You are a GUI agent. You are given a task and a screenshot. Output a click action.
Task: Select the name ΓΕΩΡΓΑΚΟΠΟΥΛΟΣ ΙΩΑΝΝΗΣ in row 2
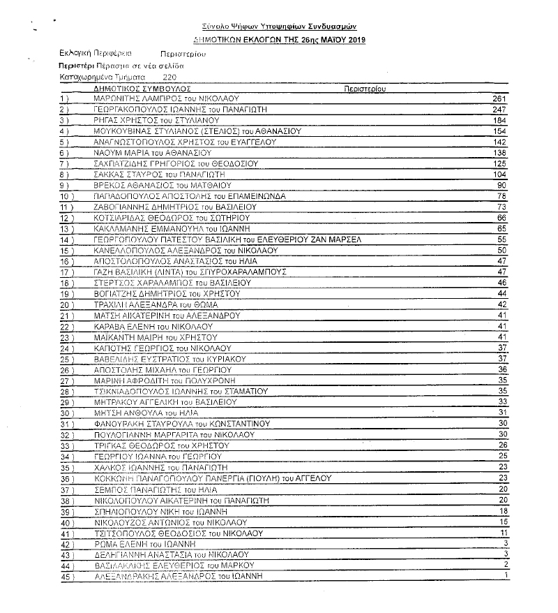pyautogui.click(x=146, y=110)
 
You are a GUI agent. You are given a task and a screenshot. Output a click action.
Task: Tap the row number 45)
pyautogui.click(x=68, y=576)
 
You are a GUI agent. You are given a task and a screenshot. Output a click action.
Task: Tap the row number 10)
pyautogui.click(x=68, y=196)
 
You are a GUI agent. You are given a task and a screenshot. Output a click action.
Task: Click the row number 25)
pyautogui.click(x=68, y=359)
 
